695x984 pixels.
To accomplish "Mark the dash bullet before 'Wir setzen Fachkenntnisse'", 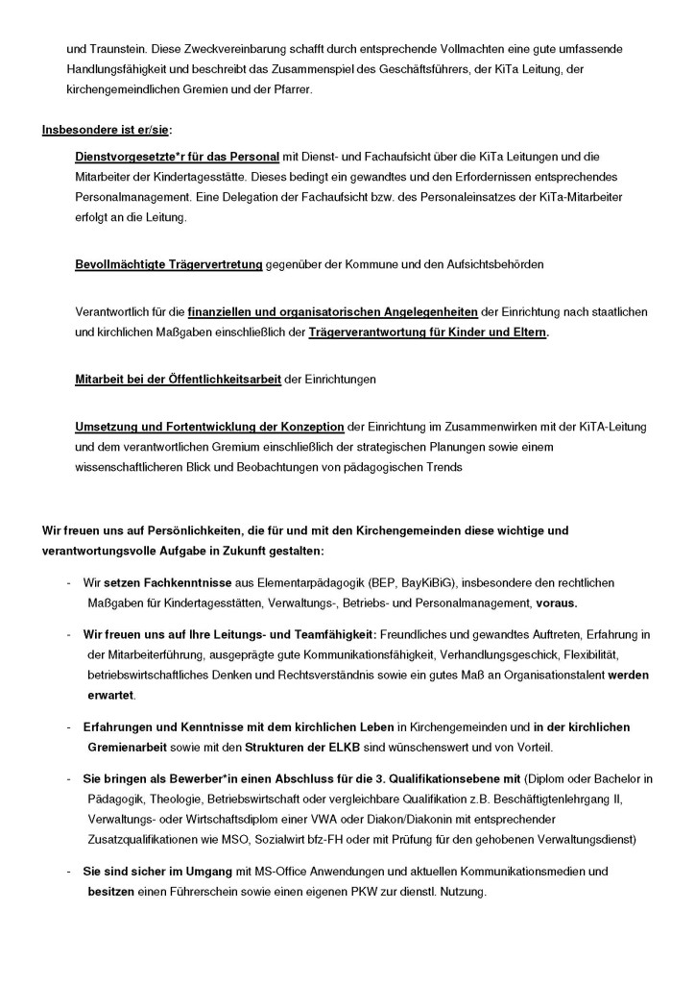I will [68, 583].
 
